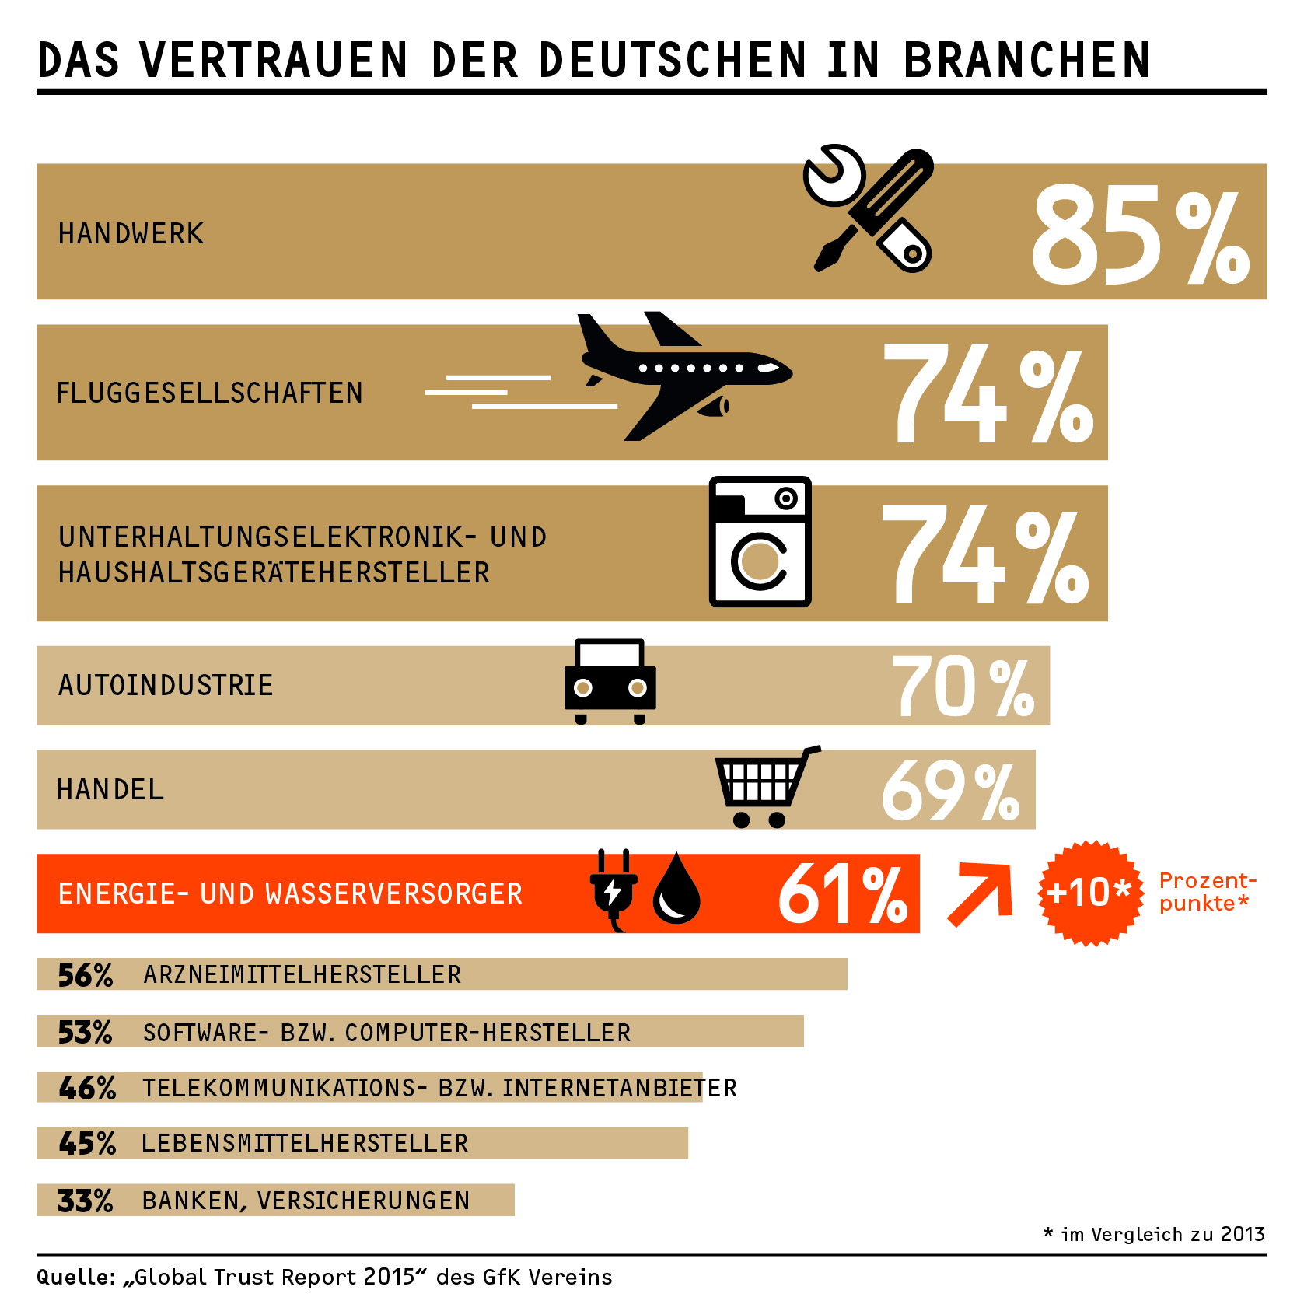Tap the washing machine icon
(760, 542)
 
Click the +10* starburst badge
(1090, 893)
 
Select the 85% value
(1140, 235)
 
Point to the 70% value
(963, 687)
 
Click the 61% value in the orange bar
(843, 894)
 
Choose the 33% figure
(86, 1201)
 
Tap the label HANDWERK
(131, 234)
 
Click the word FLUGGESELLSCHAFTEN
(210, 393)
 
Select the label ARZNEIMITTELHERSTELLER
(302, 975)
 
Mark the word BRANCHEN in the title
(1026, 61)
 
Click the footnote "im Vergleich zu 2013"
(1162, 1234)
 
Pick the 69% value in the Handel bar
(950, 792)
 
